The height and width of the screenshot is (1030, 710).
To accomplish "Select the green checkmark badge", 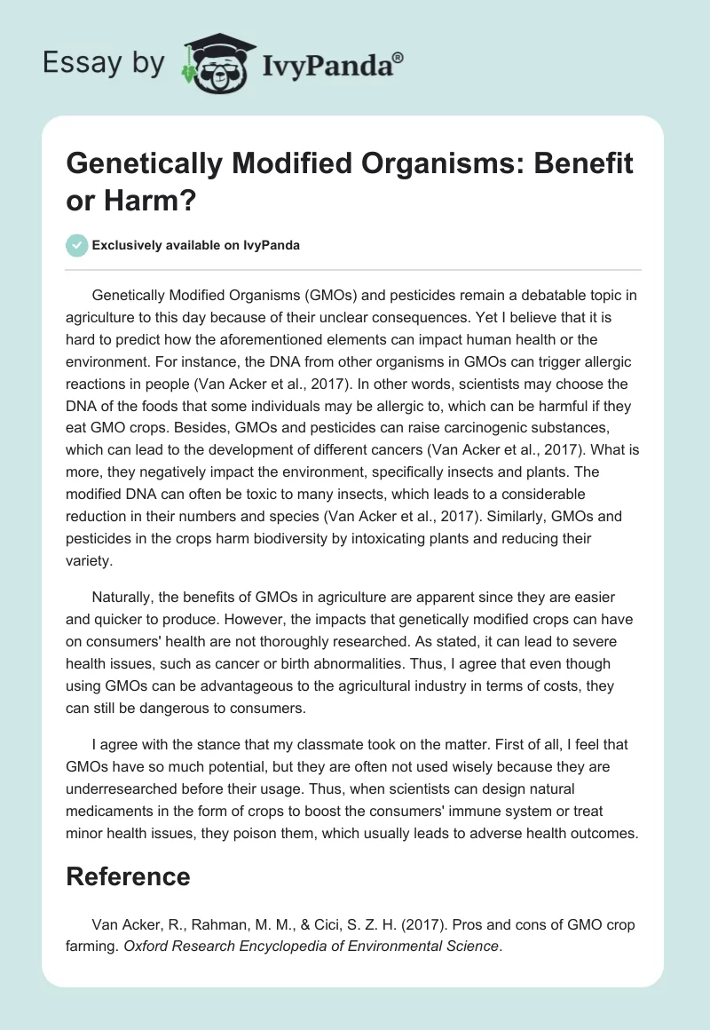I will (x=76, y=246).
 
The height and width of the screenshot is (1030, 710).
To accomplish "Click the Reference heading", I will (x=129, y=876).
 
